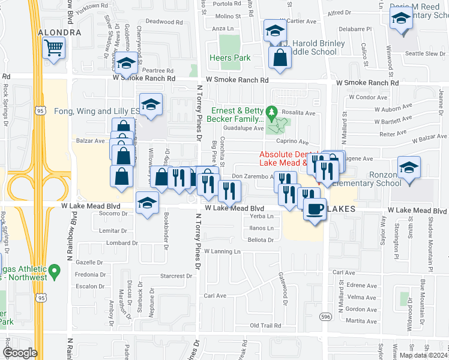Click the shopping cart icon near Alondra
pos(54,47)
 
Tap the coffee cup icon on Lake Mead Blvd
pos(315,209)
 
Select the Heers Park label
pos(229,58)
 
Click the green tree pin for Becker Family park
pos(271,112)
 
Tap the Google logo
pos(20,353)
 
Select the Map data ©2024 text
pos(423,355)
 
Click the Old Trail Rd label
pos(265,326)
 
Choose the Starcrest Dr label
pos(176,276)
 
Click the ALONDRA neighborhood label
pos(59,32)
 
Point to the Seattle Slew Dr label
pos(425,53)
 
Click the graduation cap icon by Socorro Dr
pos(147,203)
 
